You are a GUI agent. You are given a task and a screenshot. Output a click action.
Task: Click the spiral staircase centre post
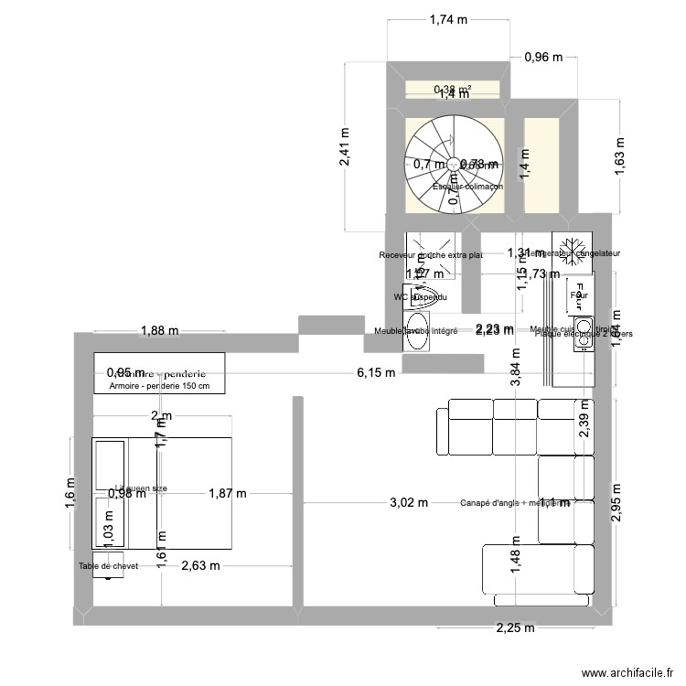coord(453,166)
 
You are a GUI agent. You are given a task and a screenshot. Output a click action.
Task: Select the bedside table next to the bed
coord(107,566)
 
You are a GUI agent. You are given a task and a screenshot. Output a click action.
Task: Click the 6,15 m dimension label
coord(376,372)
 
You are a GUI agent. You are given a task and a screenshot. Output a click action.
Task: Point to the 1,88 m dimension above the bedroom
coord(159,331)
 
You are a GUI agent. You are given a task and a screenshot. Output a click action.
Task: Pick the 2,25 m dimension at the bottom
coord(515,627)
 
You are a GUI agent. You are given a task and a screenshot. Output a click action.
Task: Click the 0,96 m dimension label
coord(541,58)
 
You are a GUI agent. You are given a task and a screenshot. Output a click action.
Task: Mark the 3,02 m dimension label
coord(409,502)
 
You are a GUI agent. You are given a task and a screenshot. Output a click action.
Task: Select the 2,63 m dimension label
coord(200,565)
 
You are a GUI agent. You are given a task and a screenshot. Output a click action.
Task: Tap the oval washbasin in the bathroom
coord(416,336)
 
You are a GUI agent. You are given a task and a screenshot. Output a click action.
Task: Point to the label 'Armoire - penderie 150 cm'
coord(159,386)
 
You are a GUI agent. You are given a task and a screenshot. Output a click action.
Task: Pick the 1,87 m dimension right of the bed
coord(228,493)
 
